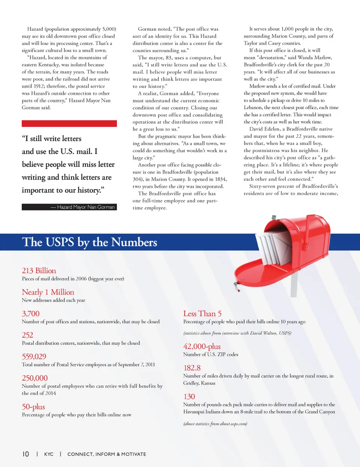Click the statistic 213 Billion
39,271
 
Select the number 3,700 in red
30,314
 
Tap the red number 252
27,335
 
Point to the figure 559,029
34,356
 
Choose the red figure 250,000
34,378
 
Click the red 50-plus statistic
33,407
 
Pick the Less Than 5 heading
202,314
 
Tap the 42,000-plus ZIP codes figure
202,346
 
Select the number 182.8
192,368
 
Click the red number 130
189,396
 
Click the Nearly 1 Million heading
48,292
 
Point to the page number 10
25,454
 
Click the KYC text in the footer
49,454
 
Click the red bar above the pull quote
69,123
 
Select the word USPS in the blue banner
60,242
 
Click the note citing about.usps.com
215,424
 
